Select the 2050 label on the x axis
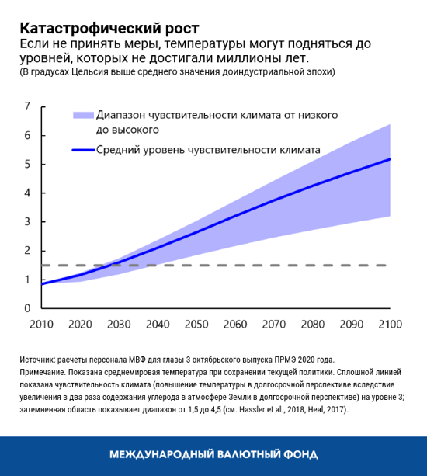pyautogui.click(x=196, y=323)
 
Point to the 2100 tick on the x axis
pyautogui.click(x=389, y=323)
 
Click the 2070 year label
pyautogui.click(x=273, y=323)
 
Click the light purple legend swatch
pyautogui.click(x=82, y=115)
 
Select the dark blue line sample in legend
pyautogui.click(x=82, y=150)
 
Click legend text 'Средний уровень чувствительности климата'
pyautogui.click(x=208, y=150)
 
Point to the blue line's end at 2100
pyautogui.click(x=389, y=159)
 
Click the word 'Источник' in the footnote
pyautogui.click(x=37, y=360)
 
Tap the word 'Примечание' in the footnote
pyautogui.click(x=43, y=372)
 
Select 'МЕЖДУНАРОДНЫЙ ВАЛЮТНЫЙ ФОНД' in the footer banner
pyautogui.click(x=213, y=454)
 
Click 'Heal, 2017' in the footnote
pyautogui.click(x=324, y=408)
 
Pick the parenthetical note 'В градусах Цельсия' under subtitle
pyautogui.click(x=70, y=71)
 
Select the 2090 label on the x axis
pyautogui.click(x=350, y=323)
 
